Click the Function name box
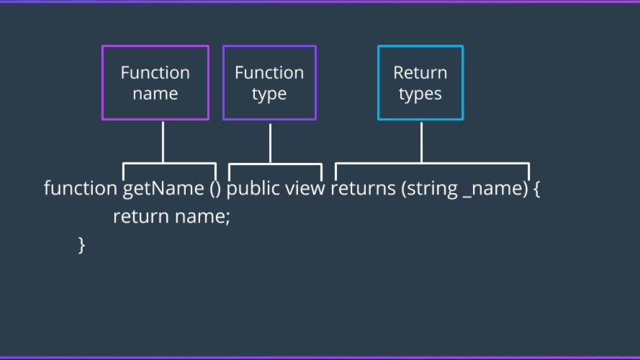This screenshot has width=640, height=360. click(155, 83)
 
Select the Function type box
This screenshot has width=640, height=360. click(269, 83)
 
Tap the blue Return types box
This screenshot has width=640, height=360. click(420, 83)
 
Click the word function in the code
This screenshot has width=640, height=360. click(80, 188)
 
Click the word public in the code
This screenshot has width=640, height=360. click(253, 188)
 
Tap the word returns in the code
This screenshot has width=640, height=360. click(363, 188)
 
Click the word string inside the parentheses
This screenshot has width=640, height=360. click(432, 188)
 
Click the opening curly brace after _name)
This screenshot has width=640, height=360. click(536, 189)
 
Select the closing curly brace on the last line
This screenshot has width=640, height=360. click(82, 244)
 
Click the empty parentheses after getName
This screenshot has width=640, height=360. click(215, 189)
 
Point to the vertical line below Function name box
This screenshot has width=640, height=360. click(163, 142)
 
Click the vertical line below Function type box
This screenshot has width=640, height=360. click(270, 143)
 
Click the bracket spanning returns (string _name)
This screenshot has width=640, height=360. click(432, 164)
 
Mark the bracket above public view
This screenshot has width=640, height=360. click(275, 165)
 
